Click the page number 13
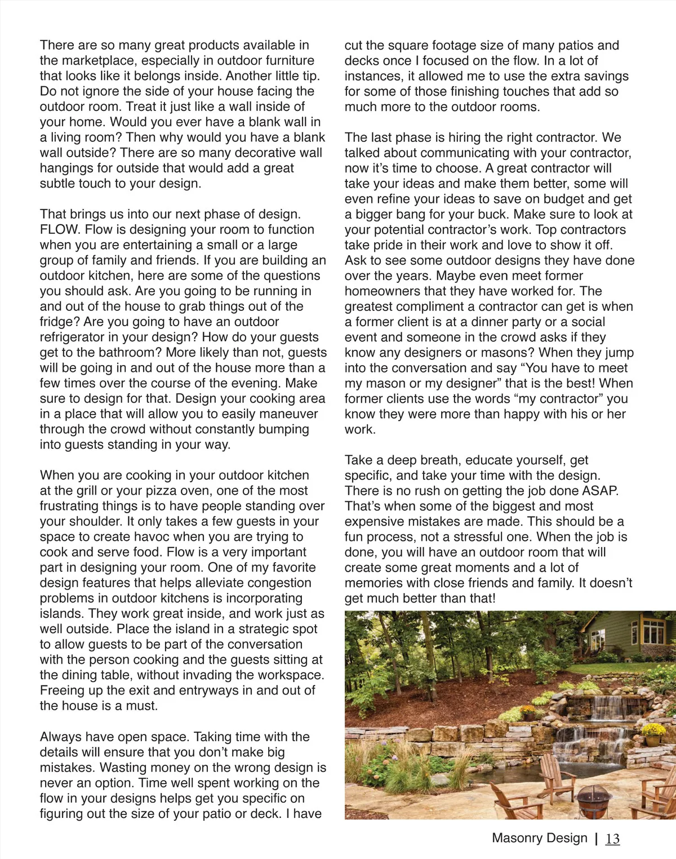pos(612,839)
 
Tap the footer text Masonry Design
pos(539,838)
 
